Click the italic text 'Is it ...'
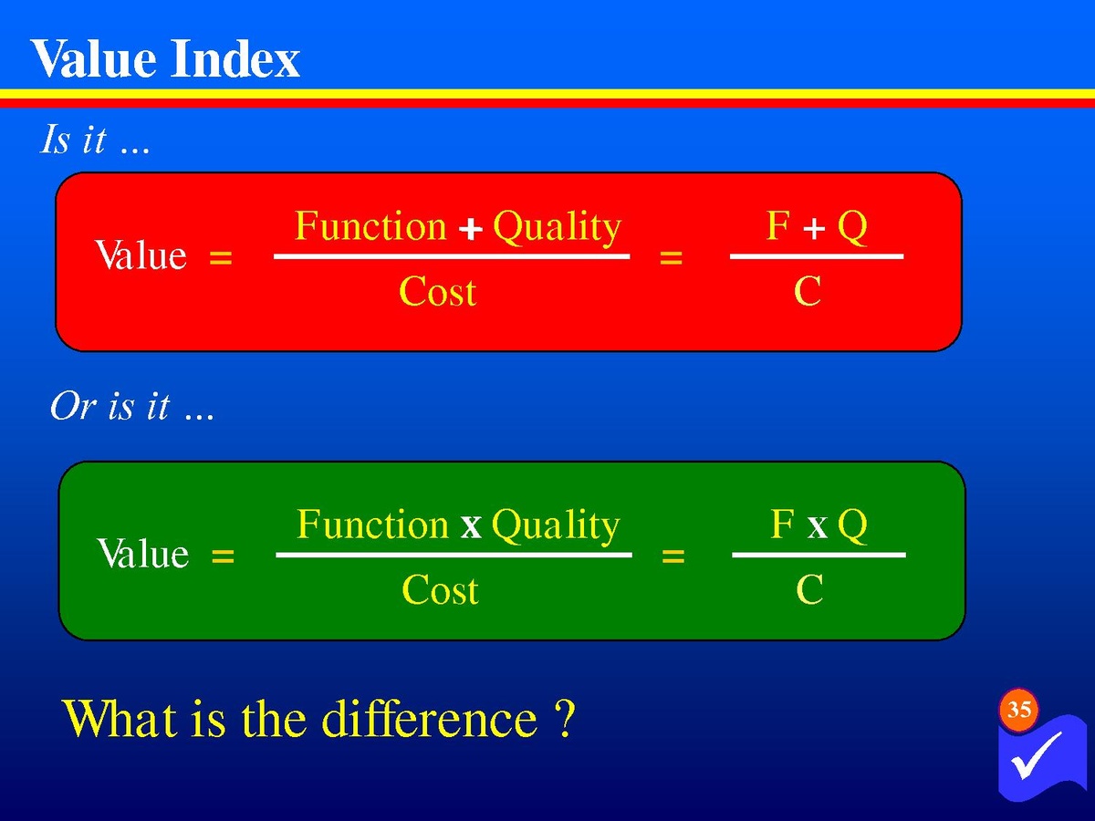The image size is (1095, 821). pyautogui.click(x=95, y=139)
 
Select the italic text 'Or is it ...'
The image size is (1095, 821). pyautogui.click(x=132, y=406)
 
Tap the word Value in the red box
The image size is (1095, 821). pyautogui.click(x=141, y=255)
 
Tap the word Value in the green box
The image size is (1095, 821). pyautogui.click(x=142, y=553)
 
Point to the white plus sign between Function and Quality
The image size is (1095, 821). pyautogui.click(x=471, y=230)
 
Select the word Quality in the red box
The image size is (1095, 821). pyautogui.click(x=558, y=228)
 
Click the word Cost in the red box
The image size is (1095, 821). pyautogui.click(x=437, y=291)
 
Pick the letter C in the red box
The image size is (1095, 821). pyautogui.click(x=808, y=291)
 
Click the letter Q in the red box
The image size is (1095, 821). pyautogui.click(x=852, y=227)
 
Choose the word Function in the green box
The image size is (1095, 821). pyautogui.click(x=372, y=524)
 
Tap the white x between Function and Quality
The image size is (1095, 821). pyautogui.click(x=471, y=527)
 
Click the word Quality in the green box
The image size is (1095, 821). pyautogui.click(x=556, y=526)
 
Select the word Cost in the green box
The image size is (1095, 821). pyautogui.click(x=440, y=589)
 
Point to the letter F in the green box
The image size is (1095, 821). pyautogui.click(x=782, y=524)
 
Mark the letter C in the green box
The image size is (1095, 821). pyautogui.click(x=809, y=589)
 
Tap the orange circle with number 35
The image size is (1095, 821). pyautogui.click(x=1018, y=710)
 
